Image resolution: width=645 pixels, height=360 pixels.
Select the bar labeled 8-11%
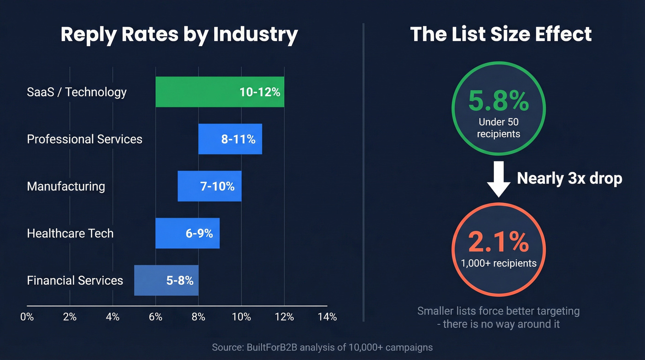tap(230, 139)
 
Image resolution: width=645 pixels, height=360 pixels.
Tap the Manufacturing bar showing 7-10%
tap(210, 186)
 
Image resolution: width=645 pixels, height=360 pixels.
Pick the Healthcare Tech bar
tap(188, 233)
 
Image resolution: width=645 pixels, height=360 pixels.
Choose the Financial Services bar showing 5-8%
tap(166, 280)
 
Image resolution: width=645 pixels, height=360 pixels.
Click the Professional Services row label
tap(85, 139)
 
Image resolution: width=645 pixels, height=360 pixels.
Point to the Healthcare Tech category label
tap(70, 233)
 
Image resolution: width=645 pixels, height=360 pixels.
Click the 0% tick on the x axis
tap(27, 317)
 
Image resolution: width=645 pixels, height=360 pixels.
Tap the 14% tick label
tap(327, 317)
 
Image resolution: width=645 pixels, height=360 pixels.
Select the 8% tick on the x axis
tap(199, 317)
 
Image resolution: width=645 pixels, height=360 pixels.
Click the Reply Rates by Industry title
tap(179, 35)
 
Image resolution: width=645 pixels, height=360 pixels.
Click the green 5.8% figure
tap(498, 101)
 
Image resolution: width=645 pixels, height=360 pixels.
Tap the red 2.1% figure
tap(498, 242)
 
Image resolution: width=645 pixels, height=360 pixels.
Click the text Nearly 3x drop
tap(569, 178)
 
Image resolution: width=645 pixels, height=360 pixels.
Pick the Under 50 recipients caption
tap(498, 128)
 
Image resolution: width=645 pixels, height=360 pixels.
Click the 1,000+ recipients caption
tap(498, 263)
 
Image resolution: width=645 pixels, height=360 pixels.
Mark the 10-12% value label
tap(260, 92)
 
